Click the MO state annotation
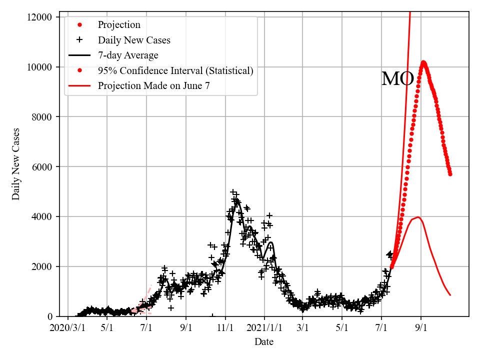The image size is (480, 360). (397, 79)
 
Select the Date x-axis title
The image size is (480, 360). (263, 342)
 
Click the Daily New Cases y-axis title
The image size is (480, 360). (16, 164)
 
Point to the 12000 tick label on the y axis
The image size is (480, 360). (40, 17)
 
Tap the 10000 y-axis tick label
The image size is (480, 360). (40, 67)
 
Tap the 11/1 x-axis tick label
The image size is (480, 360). (225, 328)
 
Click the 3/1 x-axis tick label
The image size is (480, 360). (303, 328)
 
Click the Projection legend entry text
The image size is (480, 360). (119, 25)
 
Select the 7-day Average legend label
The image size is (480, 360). (128, 55)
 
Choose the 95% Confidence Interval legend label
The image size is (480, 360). (175, 70)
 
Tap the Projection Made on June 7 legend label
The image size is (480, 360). (153, 85)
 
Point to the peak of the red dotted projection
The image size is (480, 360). (423, 62)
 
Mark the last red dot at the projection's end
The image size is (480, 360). (450, 174)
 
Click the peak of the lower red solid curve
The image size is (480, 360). (418, 217)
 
